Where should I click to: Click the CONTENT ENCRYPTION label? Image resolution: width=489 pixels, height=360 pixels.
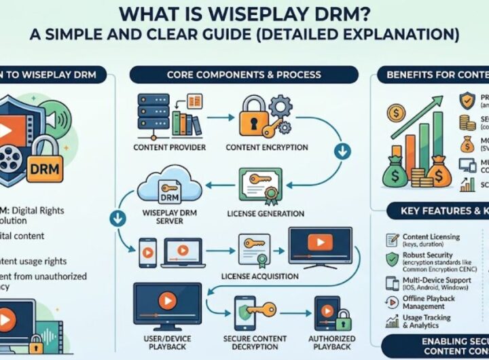266,147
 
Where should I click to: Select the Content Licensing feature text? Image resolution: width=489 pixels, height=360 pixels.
431,237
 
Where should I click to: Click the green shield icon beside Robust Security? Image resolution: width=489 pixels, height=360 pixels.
391,259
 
